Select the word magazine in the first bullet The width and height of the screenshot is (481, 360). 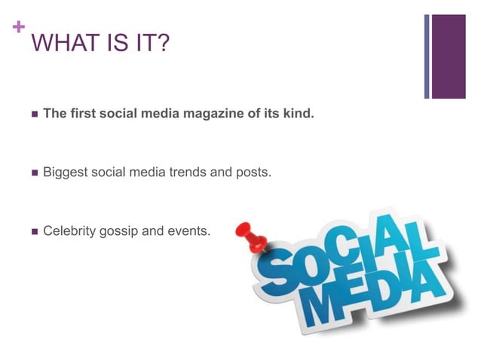213,114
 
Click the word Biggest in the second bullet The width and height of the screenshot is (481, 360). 65,172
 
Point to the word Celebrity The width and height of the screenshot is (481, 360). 69,230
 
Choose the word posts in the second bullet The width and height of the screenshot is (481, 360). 253,172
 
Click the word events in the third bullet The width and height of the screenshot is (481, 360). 188,230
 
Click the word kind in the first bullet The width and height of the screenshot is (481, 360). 298,114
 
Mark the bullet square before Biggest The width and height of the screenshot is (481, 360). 33,173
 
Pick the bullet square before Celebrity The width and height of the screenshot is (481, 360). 33,231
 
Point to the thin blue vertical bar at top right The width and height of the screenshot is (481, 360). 427,56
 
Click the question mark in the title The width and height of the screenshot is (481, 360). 162,44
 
